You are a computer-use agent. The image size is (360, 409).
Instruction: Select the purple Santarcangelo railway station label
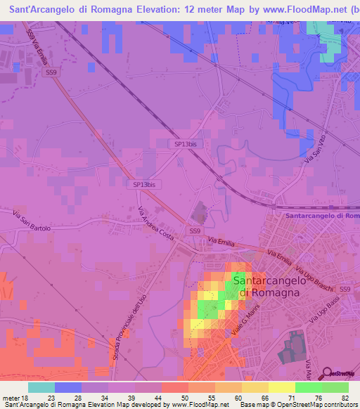tap(323, 216)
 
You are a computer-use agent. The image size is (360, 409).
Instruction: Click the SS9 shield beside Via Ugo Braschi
tap(345, 290)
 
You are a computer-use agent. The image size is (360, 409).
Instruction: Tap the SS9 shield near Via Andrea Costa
tap(195, 231)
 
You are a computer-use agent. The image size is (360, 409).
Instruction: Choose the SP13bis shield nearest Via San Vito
tap(186, 144)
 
